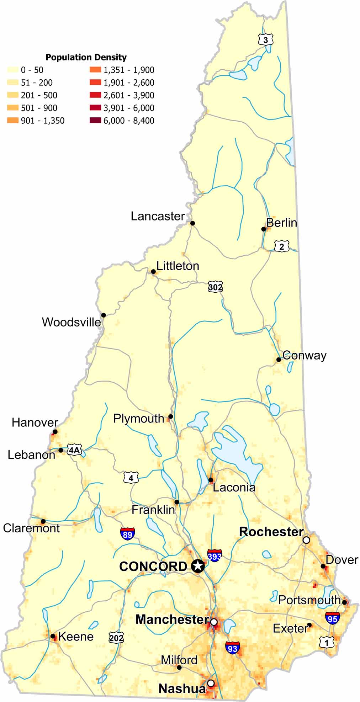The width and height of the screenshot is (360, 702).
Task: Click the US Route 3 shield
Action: [266, 40]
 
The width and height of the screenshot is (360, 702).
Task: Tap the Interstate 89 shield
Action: [127, 534]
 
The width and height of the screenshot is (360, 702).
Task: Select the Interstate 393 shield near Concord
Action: [215, 555]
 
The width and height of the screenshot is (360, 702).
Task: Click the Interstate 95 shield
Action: [332, 618]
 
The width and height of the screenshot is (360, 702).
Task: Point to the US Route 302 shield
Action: [215, 287]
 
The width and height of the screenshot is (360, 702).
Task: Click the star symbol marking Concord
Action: [198, 566]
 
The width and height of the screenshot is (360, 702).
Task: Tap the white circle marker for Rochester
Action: [306, 540]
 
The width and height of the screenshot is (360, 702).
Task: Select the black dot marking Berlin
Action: [264, 229]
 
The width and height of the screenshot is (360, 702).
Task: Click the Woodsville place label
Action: [72, 322]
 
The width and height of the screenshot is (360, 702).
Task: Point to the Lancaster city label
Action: [158, 216]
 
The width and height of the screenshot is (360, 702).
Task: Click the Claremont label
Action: [31, 528]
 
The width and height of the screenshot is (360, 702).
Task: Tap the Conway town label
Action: [305, 355]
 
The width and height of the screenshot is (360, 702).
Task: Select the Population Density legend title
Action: [86, 57]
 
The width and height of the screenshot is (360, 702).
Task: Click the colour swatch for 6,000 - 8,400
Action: [95, 121]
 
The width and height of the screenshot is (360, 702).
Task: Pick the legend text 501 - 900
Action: [39, 108]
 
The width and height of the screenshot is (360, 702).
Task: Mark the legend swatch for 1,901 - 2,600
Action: [95, 83]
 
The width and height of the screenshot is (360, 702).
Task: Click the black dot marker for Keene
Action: [53, 636]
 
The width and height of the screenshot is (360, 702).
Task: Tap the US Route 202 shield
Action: [116, 637]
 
